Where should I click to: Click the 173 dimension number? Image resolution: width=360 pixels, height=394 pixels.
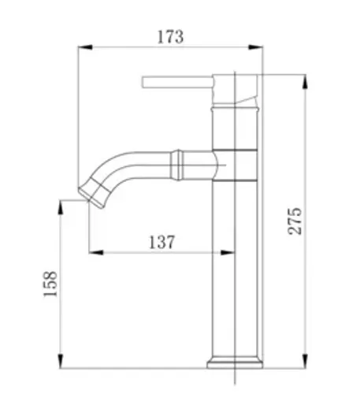(x=170, y=37)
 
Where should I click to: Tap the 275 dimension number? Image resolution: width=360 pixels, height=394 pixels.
(x=295, y=221)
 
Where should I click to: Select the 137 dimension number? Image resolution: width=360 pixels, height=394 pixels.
(x=161, y=242)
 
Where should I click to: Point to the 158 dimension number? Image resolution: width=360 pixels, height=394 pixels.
(x=50, y=284)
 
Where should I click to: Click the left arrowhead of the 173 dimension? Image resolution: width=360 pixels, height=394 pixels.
(x=85, y=47)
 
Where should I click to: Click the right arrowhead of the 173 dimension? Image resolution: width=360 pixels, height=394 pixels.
(x=255, y=47)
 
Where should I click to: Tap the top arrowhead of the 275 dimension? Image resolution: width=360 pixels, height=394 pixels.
(x=305, y=82)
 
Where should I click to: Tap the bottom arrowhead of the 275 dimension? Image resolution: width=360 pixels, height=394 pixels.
(x=305, y=361)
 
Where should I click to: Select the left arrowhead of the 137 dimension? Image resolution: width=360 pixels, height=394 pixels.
(x=96, y=253)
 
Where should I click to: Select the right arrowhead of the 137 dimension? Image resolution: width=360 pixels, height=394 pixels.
(x=228, y=253)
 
